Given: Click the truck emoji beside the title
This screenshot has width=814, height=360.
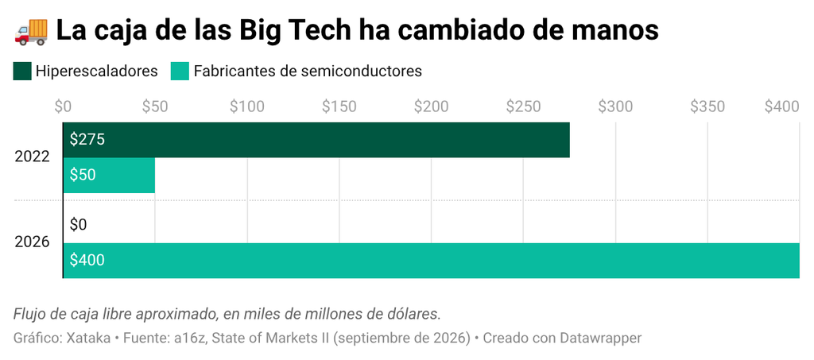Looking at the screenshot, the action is (x=31, y=31).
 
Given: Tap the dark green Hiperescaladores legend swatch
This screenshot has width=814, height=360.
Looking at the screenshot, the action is (x=22, y=71).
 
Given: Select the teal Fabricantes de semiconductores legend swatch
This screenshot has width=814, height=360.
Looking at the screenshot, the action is (x=180, y=71).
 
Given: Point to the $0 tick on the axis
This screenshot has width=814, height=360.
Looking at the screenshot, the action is (x=63, y=106).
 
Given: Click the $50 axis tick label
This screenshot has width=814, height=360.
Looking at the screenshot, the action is (x=155, y=106).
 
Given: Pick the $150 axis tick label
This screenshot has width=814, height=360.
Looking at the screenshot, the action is (x=339, y=106).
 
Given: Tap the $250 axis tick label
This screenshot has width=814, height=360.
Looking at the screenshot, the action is (x=523, y=106).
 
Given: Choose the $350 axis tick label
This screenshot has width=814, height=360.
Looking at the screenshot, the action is (x=707, y=106).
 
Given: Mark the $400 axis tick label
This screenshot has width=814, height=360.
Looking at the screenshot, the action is (x=782, y=106).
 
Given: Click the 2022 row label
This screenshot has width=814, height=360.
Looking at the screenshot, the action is (x=32, y=157).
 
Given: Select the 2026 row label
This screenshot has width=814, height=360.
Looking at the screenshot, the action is (x=32, y=242).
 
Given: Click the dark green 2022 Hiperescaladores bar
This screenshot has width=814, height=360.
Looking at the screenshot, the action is (x=316, y=140).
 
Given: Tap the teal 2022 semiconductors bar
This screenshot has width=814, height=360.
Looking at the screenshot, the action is (x=109, y=176).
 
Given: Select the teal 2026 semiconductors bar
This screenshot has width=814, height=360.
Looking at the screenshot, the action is (x=432, y=261).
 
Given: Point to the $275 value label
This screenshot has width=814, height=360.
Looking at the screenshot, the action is (x=87, y=140).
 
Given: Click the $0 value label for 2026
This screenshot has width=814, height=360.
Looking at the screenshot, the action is (x=79, y=225).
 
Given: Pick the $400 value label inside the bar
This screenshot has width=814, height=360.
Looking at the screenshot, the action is (x=87, y=261).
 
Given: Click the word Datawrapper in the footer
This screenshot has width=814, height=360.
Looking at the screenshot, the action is (x=601, y=339).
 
